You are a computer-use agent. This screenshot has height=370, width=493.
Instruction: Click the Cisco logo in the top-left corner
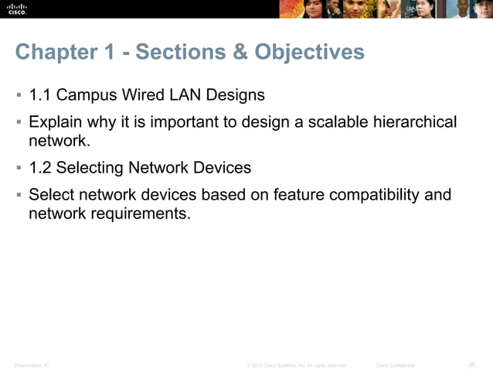18,9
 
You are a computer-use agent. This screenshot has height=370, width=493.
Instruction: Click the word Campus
87,95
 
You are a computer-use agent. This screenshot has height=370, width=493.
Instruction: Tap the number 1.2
41,167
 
